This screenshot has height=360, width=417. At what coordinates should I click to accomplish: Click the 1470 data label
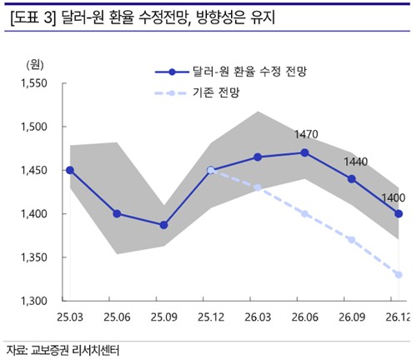[307, 134]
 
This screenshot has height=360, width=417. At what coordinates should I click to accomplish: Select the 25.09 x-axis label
[163, 318]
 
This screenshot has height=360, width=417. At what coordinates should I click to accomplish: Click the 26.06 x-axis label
[304, 318]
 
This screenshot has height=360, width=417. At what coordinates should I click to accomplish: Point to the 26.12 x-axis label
[396, 318]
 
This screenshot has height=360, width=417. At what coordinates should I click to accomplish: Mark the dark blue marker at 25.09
[163, 225]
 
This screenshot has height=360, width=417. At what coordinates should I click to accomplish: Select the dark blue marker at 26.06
[304, 152]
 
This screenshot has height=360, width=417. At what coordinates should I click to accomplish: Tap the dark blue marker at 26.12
[399, 213]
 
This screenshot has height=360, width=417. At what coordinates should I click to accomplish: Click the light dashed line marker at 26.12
[399, 274]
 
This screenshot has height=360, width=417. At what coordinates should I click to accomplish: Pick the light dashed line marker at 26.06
[304, 213]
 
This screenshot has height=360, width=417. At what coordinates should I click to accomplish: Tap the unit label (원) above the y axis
[34, 64]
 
